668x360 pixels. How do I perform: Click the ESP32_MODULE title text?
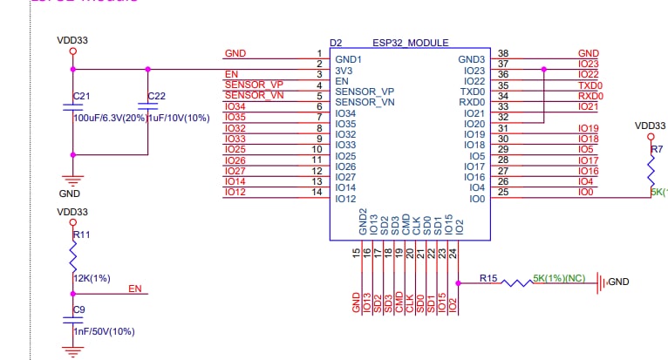[x=411, y=43]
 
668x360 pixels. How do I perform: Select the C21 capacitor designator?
[x=81, y=95]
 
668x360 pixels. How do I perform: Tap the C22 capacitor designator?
[x=156, y=95]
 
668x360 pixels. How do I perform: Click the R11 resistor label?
[x=81, y=235]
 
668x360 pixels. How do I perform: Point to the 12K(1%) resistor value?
[x=91, y=278]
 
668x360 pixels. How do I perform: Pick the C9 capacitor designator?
[x=79, y=309]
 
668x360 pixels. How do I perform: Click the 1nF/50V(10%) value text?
[x=104, y=331]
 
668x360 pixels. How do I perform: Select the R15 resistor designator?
[x=488, y=279]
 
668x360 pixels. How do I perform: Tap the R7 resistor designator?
[x=657, y=150]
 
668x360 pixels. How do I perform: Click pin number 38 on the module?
[x=503, y=53]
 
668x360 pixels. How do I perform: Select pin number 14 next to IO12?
[x=319, y=192]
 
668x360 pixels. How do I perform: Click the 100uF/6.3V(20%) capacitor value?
[x=110, y=117]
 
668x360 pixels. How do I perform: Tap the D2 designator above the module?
[x=336, y=43]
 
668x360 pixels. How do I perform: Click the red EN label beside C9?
[x=135, y=289]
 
